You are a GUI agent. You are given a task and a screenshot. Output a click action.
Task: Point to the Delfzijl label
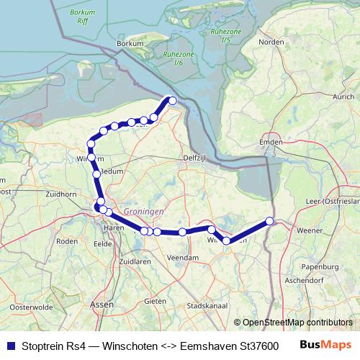coord(195,158)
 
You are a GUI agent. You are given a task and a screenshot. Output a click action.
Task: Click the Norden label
coord(271,42)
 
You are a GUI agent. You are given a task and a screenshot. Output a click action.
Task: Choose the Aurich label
coord(343,96)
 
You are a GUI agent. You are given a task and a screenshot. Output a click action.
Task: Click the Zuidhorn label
coord(59,194)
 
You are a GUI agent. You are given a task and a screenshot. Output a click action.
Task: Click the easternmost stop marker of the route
coord(269,221)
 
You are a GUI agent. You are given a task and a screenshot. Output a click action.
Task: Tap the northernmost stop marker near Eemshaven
coord(172,100)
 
